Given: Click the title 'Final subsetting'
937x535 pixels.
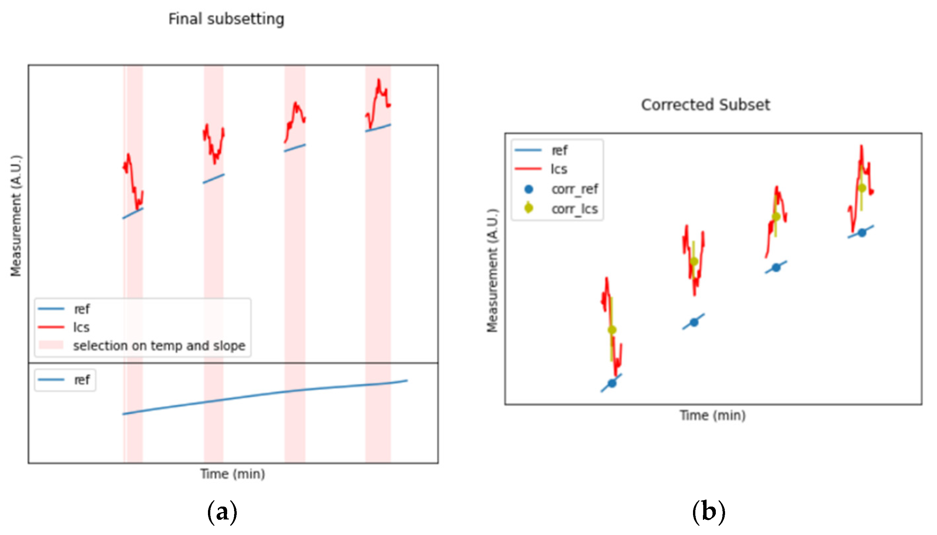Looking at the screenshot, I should [x=226, y=19].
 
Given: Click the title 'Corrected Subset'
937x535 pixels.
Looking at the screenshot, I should [x=705, y=105].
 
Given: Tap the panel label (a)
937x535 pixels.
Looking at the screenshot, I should [x=222, y=512].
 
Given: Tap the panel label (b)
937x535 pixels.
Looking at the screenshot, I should [x=709, y=512].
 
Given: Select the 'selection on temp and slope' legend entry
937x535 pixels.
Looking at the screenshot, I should [x=159, y=346].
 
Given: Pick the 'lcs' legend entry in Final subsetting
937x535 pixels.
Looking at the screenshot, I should [x=81, y=327].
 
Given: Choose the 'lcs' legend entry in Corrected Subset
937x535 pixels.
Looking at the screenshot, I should [x=559, y=169].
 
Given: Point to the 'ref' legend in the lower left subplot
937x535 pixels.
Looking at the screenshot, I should [x=82, y=380].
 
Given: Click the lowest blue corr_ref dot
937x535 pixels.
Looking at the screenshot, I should [x=612, y=383].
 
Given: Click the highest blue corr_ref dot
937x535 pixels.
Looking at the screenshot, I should [x=862, y=232].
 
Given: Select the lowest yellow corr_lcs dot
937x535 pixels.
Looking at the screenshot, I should [x=612, y=330].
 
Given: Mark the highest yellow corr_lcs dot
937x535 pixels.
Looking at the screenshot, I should [x=862, y=188].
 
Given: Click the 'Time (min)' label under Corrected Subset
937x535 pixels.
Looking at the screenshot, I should [x=713, y=416].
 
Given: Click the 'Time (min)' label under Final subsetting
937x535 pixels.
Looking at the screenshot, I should [x=232, y=474].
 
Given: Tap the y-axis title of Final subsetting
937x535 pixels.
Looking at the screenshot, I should [x=16, y=216].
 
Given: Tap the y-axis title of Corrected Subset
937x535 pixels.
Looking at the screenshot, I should [x=492, y=271].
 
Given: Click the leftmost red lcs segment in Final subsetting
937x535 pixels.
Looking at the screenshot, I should [x=132, y=180].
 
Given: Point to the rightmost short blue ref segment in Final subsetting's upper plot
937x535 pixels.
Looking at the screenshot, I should [x=378, y=128].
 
